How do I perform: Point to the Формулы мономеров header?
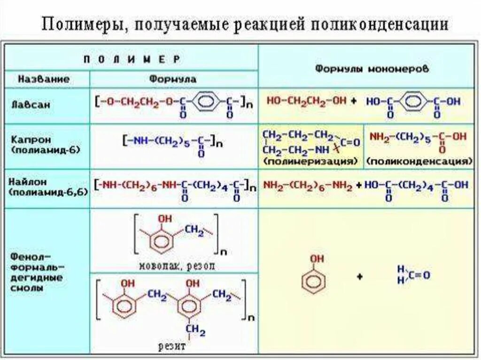(372, 68)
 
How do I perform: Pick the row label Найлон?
(31, 181)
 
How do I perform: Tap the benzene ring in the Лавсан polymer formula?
(210, 101)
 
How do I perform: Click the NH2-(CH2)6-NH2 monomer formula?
(308, 185)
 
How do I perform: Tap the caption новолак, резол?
(177, 266)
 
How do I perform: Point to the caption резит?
(173, 347)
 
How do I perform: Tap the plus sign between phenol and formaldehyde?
(360, 277)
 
